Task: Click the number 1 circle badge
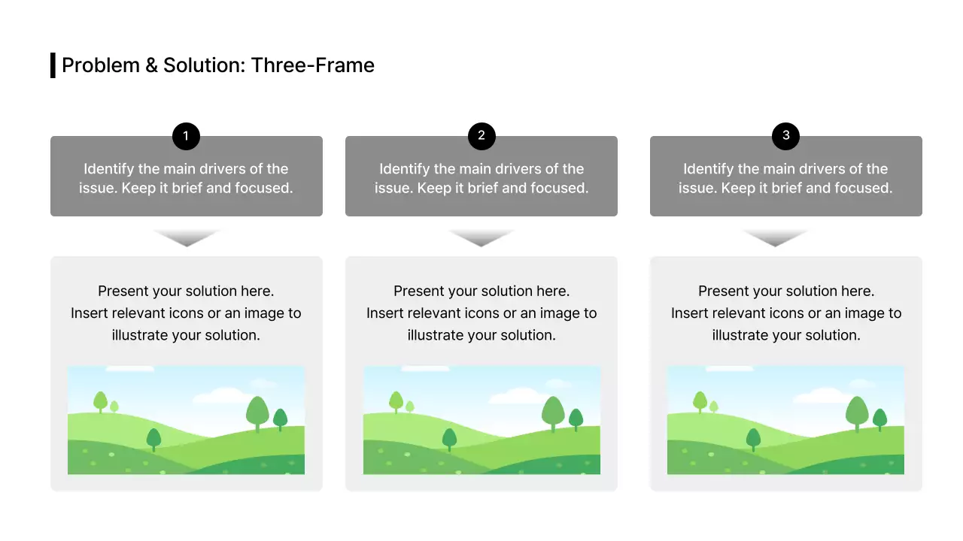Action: click(x=186, y=137)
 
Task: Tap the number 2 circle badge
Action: click(x=481, y=137)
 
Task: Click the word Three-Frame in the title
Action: click(x=313, y=65)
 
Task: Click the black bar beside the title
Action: click(x=53, y=65)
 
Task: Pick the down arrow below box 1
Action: click(x=187, y=237)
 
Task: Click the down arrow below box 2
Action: click(x=481, y=237)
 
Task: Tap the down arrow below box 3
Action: click(x=775, y=237)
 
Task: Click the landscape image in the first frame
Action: click(x=186, y=420)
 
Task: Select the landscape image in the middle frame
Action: click(x=481, y=420)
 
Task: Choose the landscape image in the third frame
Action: click(x=785, y=420)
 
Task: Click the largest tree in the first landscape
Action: click(x=257, y=413)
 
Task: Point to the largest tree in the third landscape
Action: click(x=857, y=413)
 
